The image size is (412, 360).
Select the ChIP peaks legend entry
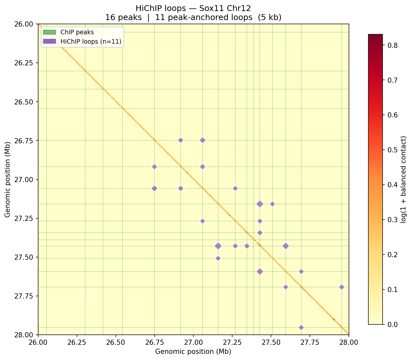(x=77, y=32)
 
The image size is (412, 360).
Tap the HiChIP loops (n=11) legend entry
(x=91, y=41)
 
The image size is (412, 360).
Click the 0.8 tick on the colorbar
(x=392, y=45)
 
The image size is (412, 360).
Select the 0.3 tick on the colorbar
(x=392, y=220)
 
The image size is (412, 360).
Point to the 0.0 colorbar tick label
(x=392, y=324)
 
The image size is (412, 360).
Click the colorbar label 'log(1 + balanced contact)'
(x=403, y=179)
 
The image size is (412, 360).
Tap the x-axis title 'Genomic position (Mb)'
(x=193, y=352)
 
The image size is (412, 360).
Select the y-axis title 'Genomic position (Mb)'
(x=8, y=179)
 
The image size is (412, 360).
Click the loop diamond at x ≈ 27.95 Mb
(x=342, y=287)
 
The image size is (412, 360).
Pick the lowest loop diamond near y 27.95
(x=301, y=327)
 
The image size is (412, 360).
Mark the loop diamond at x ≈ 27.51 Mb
(x=272, y=204)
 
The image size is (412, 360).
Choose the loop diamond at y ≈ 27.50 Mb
(x=218, y=258)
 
